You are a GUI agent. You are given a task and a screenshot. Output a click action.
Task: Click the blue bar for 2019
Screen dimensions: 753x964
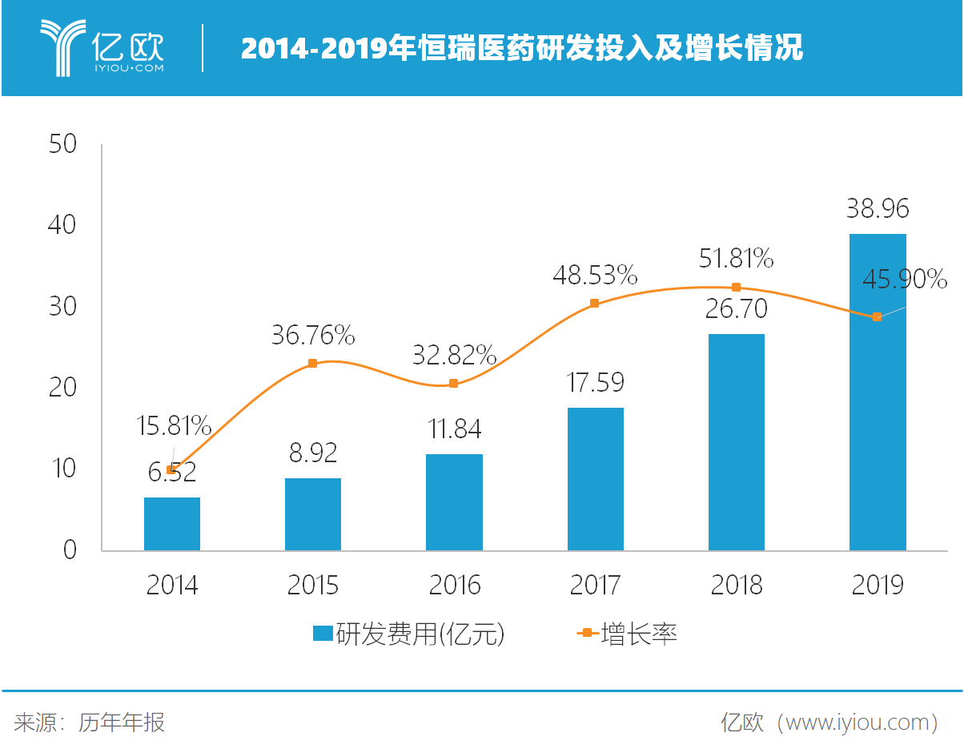point(877,393)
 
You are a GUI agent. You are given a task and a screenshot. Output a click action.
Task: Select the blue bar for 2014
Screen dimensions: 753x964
point(172,524)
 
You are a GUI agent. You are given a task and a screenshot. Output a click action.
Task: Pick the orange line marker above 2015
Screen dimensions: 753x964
point(312,364)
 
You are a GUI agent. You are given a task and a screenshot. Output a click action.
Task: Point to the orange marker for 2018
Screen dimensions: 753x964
point(736,288)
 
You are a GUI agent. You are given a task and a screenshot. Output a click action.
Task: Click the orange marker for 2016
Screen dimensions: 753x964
point(453,384)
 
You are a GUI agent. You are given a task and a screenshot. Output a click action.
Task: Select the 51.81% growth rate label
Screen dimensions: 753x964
point(736,259)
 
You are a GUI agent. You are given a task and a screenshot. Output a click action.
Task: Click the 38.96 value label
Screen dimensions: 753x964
point(878,209)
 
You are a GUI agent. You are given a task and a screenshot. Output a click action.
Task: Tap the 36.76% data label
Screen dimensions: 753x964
point(312,335)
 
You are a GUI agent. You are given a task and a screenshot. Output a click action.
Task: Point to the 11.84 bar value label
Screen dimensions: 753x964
point(454,429)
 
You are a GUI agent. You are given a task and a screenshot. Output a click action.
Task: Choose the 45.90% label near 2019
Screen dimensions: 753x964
point(905,280)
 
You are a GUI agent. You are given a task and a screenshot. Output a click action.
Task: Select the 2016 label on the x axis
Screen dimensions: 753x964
point(454,586)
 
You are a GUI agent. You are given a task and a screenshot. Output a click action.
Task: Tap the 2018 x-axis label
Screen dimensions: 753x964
point(736,586)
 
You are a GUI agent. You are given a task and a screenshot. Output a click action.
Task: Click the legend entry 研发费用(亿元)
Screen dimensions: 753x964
point(409,634)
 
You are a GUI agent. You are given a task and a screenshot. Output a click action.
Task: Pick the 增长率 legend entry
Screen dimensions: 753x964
point(629,634)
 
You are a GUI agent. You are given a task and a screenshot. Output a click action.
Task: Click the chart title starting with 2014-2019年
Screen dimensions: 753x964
point(521,50)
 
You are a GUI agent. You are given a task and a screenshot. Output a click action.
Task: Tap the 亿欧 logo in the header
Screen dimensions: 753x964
point(102,49)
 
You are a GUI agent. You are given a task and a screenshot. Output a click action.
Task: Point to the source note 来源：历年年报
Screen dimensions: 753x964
point(90,723)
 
